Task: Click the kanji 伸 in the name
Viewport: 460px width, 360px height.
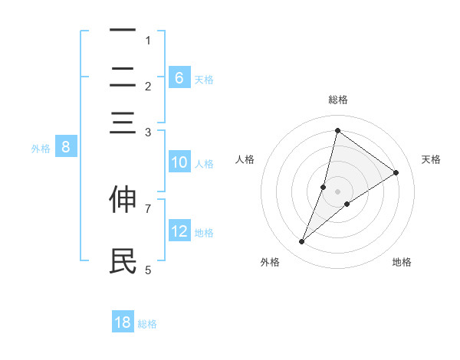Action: coord(123,199)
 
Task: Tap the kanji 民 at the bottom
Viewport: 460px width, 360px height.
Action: coord(123,261)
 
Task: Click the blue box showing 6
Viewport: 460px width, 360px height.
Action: coord(179,77)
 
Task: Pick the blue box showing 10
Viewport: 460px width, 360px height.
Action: coord(179,162)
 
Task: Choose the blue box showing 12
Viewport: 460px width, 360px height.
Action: coord(179,231)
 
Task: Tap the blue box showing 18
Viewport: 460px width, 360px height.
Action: coord(123,322)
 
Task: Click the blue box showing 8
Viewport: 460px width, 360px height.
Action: coord(66,148)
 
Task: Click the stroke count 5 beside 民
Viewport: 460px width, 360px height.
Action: coord(148,270)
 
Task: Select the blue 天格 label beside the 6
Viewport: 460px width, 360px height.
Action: coord(204,79)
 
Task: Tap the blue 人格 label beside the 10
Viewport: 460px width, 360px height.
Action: coord(204,163)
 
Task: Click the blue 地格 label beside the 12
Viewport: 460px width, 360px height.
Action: coord(204,232)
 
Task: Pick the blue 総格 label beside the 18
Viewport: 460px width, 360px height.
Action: coord(147,324)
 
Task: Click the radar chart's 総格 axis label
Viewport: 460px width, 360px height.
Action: coord(337,100)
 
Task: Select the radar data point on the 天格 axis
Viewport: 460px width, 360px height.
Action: coord(396,173)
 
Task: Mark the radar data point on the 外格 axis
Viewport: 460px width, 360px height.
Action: coord(302,242)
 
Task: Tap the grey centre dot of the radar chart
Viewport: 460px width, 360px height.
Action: coord(337,191)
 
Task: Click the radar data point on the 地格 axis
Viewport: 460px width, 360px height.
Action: coord(347,204)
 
